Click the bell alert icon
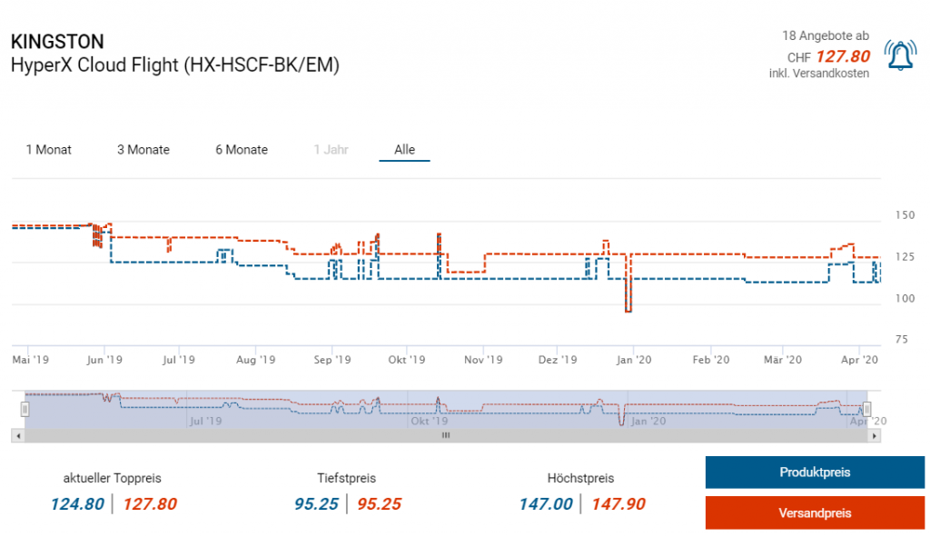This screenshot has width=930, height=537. coord(900,56)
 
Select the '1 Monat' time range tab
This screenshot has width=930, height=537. coord(48,150)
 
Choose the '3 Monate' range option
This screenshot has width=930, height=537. coord(143,150)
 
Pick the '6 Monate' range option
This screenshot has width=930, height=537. coord(242,150)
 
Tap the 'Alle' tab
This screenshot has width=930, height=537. coord(404,150)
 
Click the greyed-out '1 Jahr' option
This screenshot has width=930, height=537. coord(331,150)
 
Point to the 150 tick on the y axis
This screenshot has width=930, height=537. coord(905,215)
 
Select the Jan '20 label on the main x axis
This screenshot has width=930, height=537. coord(634,360)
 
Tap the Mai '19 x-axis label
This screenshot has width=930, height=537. coord(30,360)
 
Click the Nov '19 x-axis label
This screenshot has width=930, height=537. coord(483,360)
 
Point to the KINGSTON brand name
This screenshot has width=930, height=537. coord(56,42)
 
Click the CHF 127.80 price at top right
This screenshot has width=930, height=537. coord(843,56)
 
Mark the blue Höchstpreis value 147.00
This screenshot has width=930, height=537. coord(546,504)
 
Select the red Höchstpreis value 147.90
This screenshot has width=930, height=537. coord(618,504)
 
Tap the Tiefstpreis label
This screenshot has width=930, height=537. coord(346,478)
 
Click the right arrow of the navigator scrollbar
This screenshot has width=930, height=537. coord(875,436)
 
